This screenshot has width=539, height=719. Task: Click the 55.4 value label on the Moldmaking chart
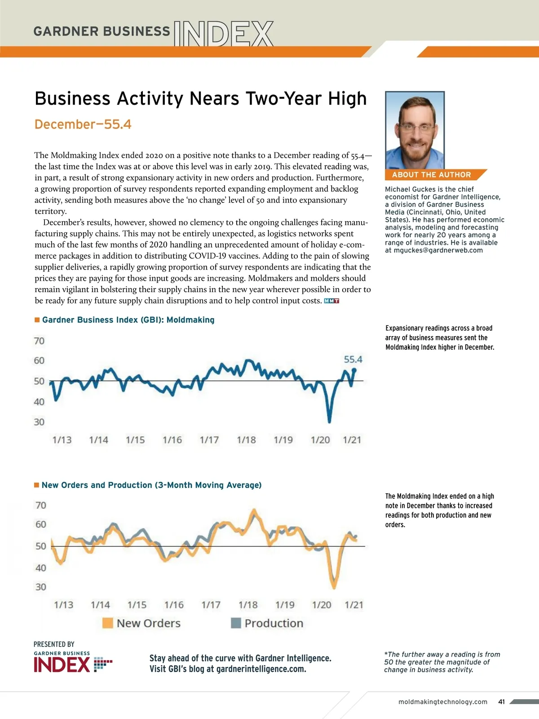click(353, 359)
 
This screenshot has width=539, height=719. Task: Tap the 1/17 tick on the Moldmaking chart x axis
click(209, 440)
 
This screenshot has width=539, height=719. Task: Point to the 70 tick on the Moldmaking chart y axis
click(39, 341)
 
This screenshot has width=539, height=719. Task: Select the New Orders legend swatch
click(108, 623)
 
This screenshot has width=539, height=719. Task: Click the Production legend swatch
click(236, 623)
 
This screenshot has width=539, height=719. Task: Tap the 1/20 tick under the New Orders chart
click(322, 605)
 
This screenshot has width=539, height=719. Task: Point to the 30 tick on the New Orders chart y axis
click(41, 587)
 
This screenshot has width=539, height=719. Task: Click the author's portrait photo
click(415, 130)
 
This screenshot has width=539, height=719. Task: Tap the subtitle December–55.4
click(83, 124)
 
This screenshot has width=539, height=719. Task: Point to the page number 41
click(502, 702)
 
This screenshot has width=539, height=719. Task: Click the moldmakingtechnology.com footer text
click(443, 702)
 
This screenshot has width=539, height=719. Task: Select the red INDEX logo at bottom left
click(62, 665)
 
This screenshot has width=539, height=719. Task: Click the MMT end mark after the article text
click(331, 301)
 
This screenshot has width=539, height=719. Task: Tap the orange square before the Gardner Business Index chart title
click(37, 320)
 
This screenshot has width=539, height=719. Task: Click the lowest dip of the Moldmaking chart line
click(329, 421)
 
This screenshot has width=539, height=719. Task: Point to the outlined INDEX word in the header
click(223, 34)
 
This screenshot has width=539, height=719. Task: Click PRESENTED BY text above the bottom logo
click(54, 644)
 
